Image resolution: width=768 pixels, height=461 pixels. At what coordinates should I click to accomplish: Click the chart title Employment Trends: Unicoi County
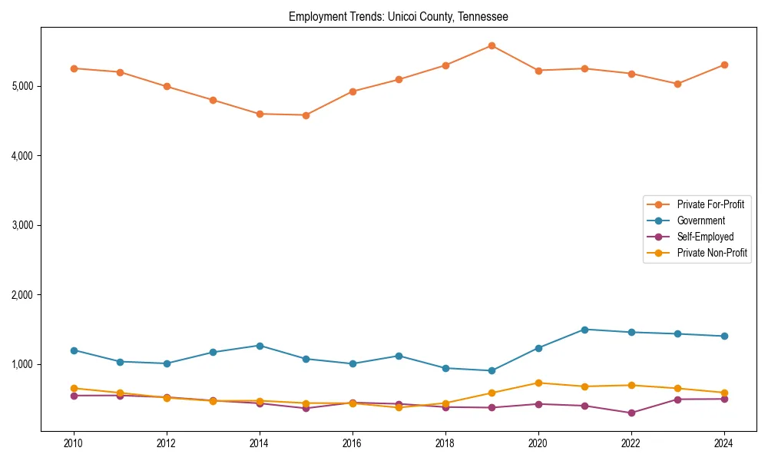click(398, 16)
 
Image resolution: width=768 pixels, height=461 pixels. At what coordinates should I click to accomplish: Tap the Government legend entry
click(700, 221)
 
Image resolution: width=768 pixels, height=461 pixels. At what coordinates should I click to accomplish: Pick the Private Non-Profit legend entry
click(712, 253)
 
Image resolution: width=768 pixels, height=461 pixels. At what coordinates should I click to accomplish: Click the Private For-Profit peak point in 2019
click(492, 45)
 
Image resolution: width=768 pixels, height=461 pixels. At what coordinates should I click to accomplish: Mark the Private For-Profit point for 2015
click(306, 115)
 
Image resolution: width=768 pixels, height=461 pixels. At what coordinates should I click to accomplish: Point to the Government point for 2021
click(584, 330)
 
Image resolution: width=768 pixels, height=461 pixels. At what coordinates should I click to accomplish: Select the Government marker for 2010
click(74, 350)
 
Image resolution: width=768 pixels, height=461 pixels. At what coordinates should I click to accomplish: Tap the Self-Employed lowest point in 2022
click(631, 413)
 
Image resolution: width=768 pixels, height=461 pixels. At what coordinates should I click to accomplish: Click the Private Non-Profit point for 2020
click(538, 383)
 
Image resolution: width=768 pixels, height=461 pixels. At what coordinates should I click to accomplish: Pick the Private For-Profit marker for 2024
click(724, 65)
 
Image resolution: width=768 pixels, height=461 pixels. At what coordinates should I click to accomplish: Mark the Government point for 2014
click(260, 346)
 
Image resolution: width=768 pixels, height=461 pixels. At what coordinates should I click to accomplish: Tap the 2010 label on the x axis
click(74, 443)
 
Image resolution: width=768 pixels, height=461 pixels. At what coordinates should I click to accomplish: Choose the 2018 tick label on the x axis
click(445, 443)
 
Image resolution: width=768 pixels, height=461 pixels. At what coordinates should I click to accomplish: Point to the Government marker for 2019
click(492, 370)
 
